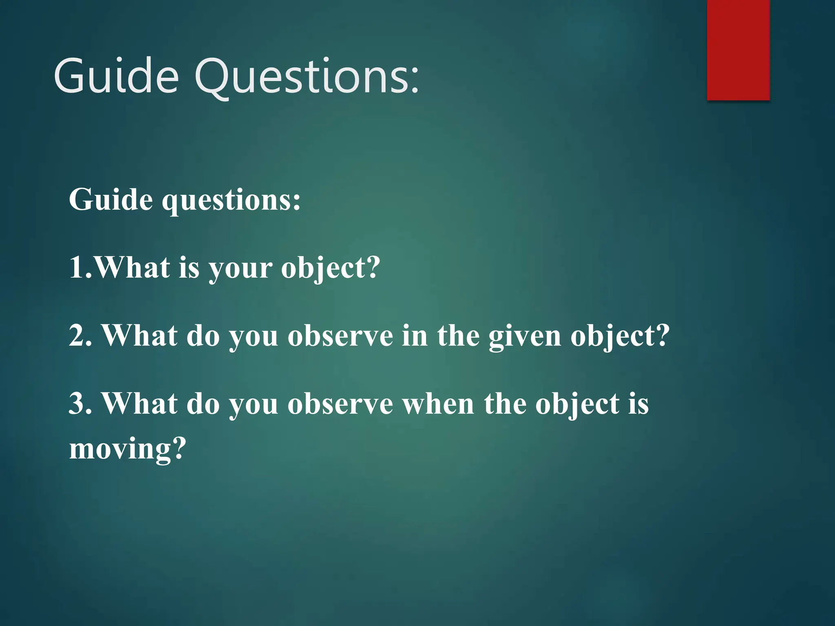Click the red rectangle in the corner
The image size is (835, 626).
pos(738,50)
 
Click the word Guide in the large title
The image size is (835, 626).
pos(116,76)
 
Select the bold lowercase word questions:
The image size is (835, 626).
pos(231,201)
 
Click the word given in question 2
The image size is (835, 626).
pos(525,336)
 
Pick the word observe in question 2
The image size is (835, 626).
pos(340,336)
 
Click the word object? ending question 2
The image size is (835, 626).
pos(620,336)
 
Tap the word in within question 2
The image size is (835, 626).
pos(415,335)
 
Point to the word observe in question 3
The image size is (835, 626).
pos(340,404)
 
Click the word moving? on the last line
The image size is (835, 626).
pos(127,449)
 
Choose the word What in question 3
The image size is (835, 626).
pos(139,403)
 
